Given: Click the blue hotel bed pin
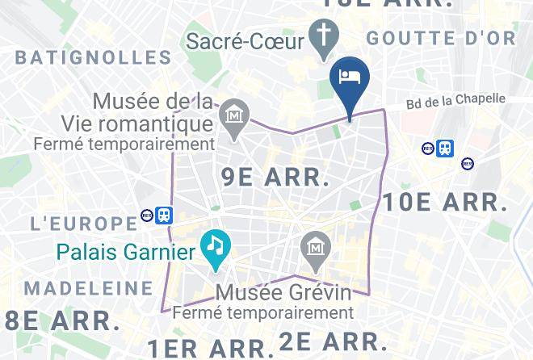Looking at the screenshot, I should pos(350,79).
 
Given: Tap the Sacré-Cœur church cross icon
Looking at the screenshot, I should pos(325,36).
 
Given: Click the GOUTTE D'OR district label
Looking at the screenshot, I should pos(440,38).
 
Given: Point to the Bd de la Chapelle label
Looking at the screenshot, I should pos(455,101).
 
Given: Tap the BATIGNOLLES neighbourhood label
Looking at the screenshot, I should pos(94,57).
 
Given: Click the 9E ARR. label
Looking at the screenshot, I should pos(275,177).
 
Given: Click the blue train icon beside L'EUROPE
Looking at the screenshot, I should pos(164,215).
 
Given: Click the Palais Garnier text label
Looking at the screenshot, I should pos(127,253).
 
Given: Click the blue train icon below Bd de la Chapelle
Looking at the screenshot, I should pos(444,148).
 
